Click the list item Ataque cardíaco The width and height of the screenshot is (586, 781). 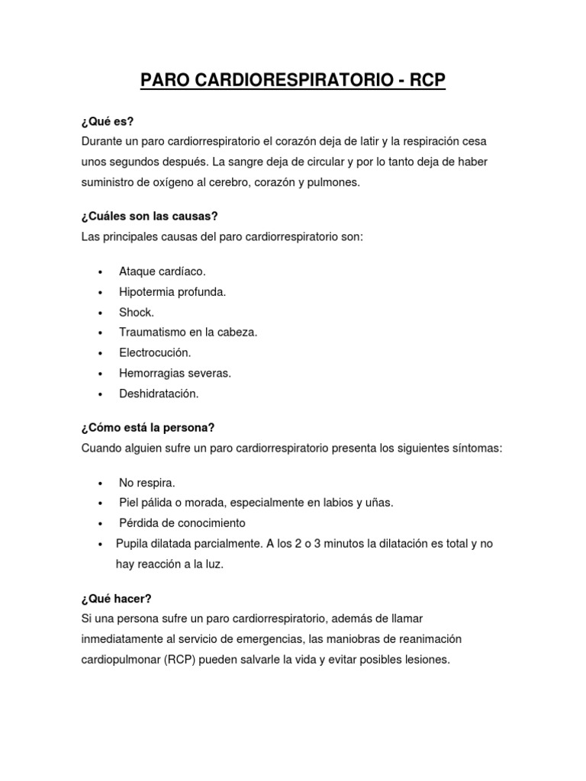[x=163, y=272]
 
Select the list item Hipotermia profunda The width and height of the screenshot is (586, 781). [x=172, y=292]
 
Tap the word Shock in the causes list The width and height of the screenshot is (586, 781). [x=136, y=313]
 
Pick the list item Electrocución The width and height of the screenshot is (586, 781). [x=155, y=353]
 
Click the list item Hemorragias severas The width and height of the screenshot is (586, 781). [x=175, y=374]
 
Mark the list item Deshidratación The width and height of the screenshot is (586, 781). [x=159, y=394]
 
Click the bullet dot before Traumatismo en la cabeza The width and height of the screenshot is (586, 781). [x=101, y=333]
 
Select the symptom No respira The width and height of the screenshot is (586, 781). [x=147, y=483]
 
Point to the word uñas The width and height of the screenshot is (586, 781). [x=378, y=503]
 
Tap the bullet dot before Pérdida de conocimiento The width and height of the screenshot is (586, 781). [x=101, y=523]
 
